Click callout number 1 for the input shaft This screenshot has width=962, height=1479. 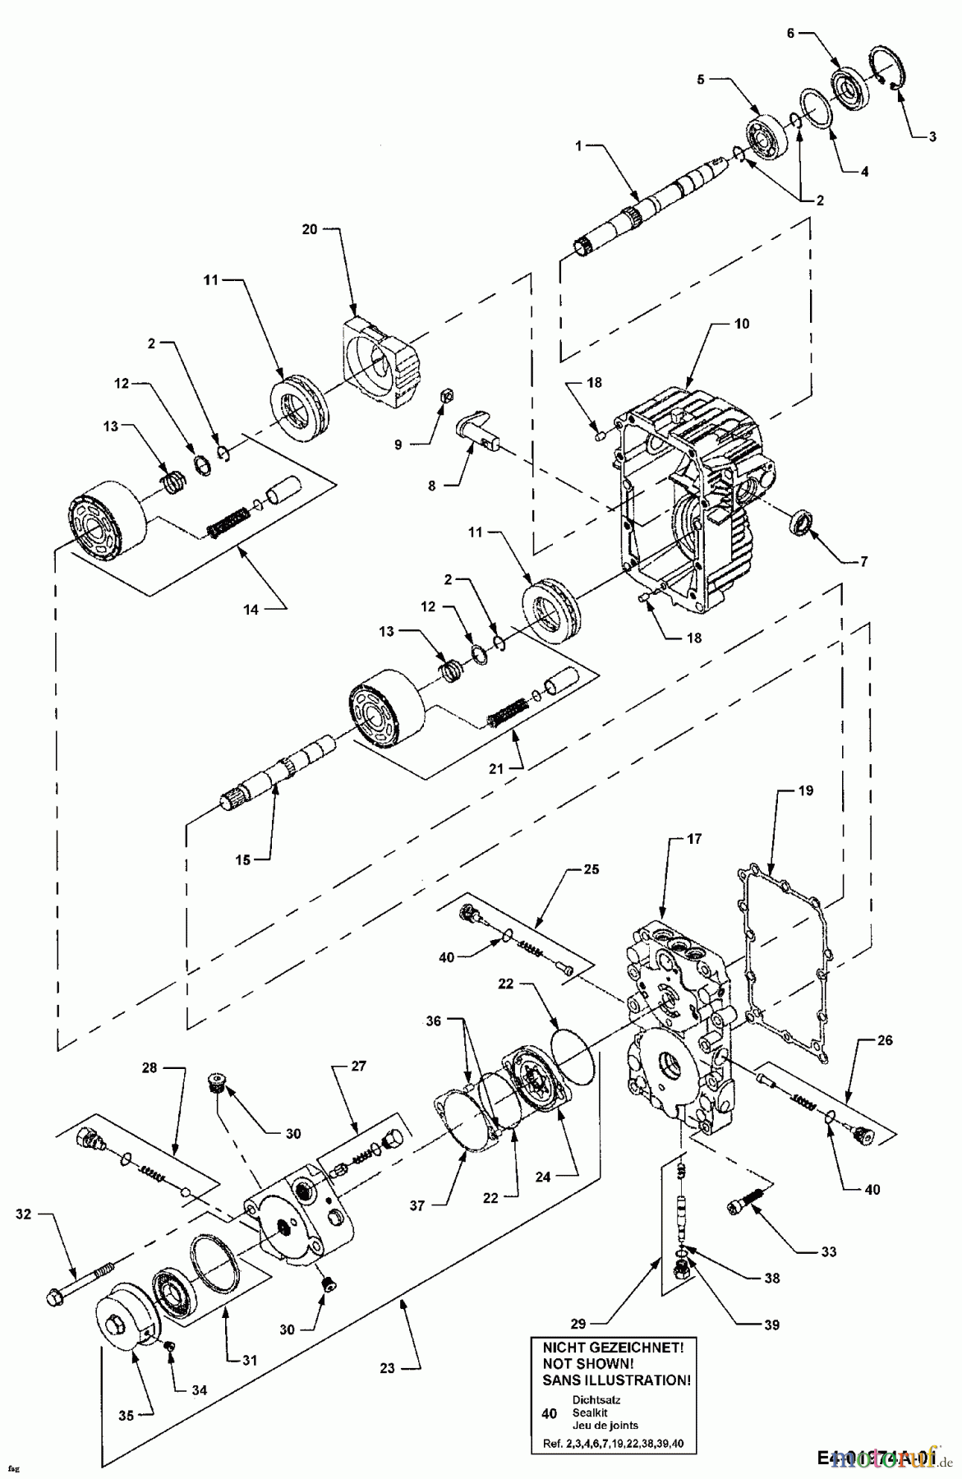tap(579, 145)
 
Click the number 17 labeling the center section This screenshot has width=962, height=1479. tap(694, 840)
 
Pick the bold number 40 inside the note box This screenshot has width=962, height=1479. tap(550, 1413)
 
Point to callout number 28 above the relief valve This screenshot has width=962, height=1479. tap(149, 1067)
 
